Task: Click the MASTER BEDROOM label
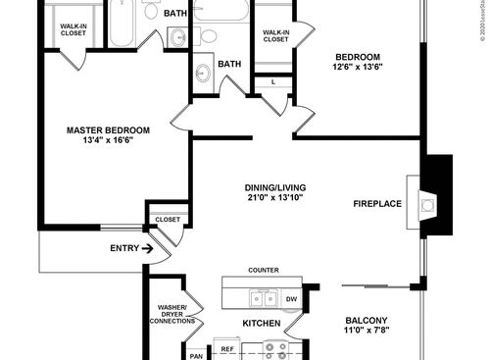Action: (108, 130)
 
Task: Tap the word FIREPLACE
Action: (377, 204)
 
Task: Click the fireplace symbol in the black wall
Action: (426, 204)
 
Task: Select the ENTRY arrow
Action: (147, 249)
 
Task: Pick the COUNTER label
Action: (264, 270)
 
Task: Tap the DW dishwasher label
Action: (291, 299)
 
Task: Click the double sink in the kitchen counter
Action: (262, 298)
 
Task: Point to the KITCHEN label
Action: (262, 324)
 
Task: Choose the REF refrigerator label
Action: (226, 348)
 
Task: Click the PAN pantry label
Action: (196, 355)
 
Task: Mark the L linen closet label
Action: (272, 81)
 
